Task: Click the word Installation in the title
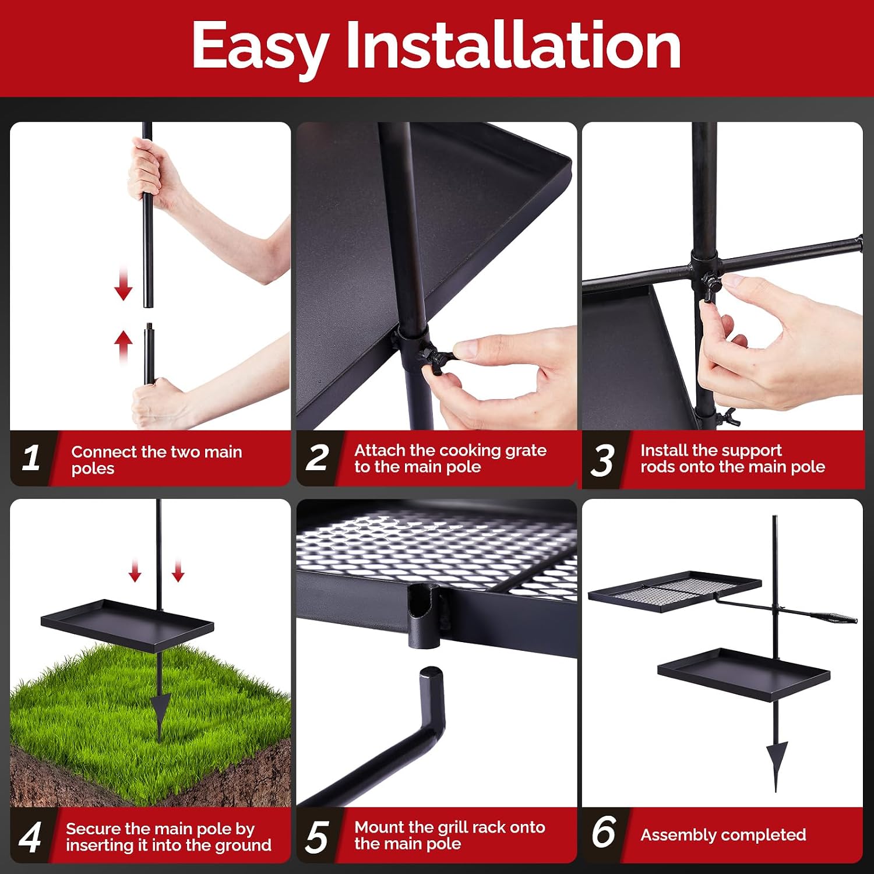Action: click(x=513, y=45)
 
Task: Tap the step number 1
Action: click(x=31, y=457)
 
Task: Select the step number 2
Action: click(x=318, y=457)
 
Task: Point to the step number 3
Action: click(x=602, y=460)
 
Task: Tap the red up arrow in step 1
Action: click(x=124, y=346)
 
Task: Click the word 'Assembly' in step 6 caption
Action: click(x=679, y=836)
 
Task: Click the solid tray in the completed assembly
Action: click(x=744, y=674)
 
